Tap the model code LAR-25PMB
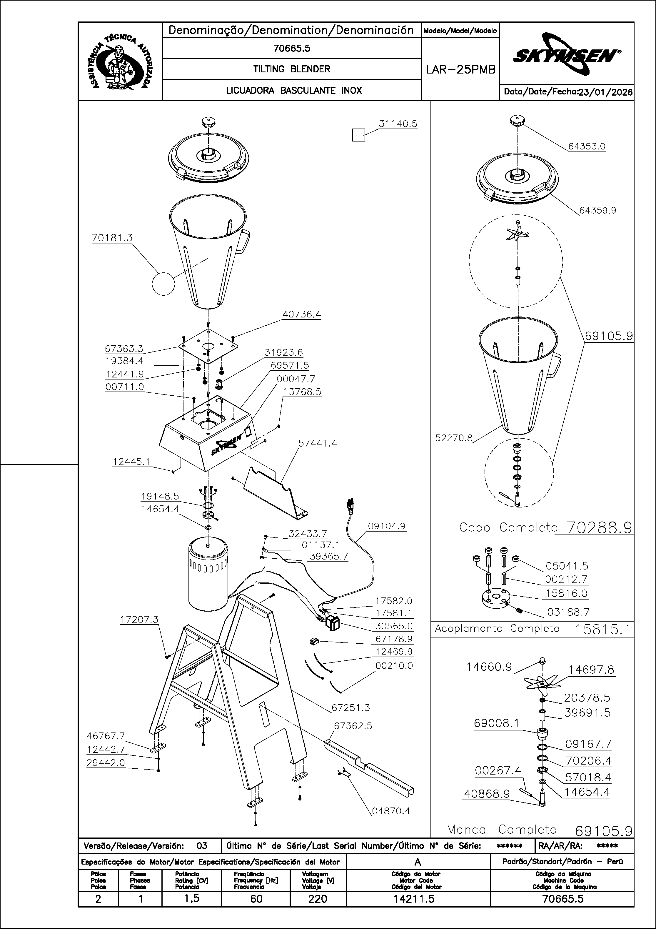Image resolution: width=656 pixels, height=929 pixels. [x=461, y=70]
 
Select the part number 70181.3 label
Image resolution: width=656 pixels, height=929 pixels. [x=112, y=238]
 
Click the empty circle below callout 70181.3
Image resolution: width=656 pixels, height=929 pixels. [x=163, y=284]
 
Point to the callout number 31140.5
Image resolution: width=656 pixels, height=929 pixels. [x=398, y=124]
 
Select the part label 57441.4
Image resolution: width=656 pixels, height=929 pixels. [x=318, y=443]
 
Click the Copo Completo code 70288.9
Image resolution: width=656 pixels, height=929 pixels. [x=599, y=527]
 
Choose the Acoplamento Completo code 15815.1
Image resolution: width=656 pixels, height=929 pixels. [x=602, y=629]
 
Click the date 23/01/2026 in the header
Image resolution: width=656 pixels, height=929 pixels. [x=605, y=92]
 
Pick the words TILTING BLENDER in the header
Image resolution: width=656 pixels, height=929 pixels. [x=292, y=69]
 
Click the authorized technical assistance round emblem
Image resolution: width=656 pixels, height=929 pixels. [x=120, y=61]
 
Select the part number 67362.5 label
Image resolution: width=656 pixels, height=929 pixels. [x=353, y=726]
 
